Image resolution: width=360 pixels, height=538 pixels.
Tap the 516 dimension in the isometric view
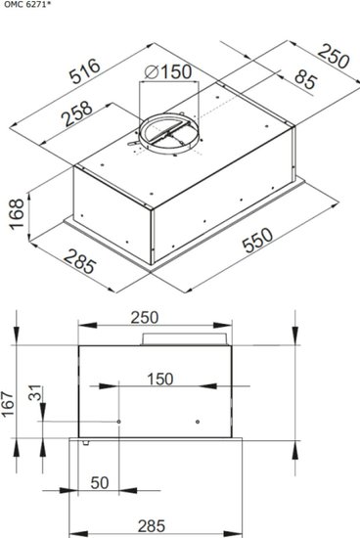click(85, 71)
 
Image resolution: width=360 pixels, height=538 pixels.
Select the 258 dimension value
click(77, 113)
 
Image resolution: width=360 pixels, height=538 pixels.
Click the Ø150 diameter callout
click(168, 72)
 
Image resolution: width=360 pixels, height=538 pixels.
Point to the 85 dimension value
click(305, 80)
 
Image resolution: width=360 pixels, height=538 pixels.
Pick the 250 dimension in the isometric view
click(334, 56)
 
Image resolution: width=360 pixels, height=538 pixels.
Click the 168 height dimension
click(17, 214)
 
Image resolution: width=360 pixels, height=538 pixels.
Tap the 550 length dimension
click(257, 240)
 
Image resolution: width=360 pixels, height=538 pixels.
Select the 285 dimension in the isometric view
click(79, 261)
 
